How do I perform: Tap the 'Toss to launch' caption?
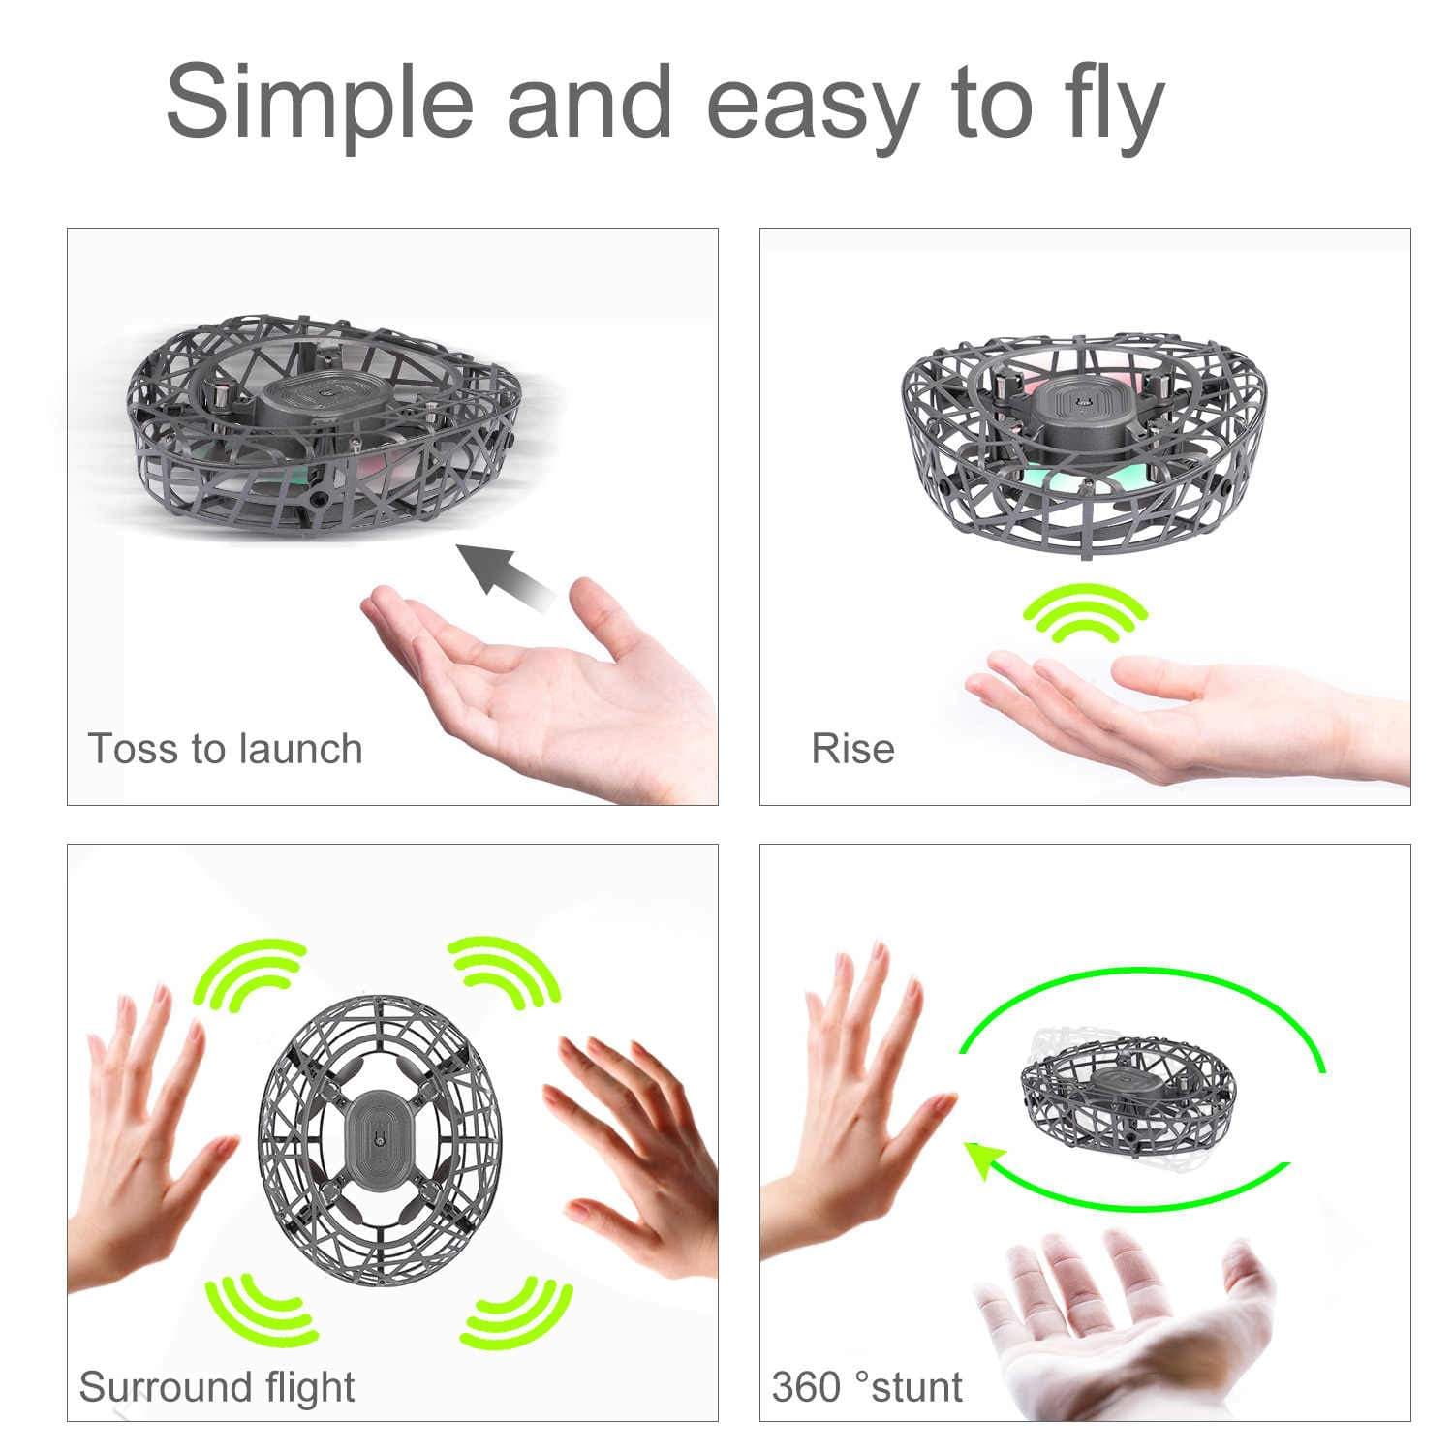[225, 749]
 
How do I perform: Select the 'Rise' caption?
[852, 749]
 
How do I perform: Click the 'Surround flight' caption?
[217, 1386]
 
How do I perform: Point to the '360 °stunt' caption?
[867, 1386]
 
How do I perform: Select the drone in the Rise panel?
[1084, 441]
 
